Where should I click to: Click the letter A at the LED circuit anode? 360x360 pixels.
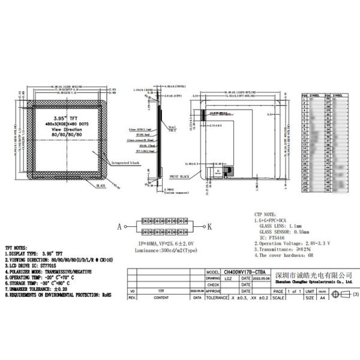coord(119,227)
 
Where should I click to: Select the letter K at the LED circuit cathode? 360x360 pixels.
coord(209,227)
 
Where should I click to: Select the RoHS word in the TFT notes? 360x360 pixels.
coord(106,295)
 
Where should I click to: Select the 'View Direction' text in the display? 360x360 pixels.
coord(65,129)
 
